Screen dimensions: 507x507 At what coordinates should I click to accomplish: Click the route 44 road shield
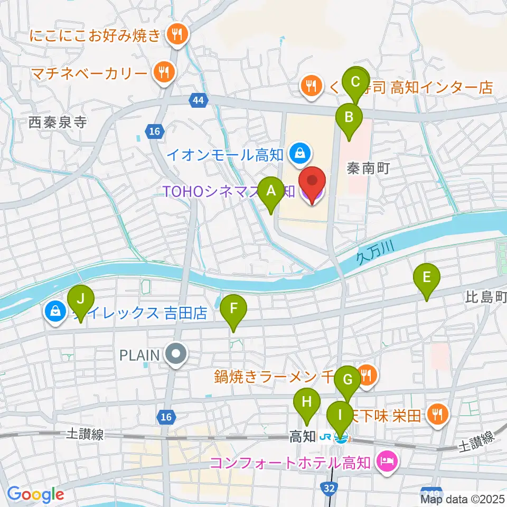[199, 100]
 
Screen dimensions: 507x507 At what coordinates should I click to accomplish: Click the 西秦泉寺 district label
[58, 123]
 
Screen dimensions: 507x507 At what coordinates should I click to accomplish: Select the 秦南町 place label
[368, 168]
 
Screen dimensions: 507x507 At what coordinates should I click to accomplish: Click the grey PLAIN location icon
[175, 354]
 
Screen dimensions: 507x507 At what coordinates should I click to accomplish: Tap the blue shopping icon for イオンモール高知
[299, 154]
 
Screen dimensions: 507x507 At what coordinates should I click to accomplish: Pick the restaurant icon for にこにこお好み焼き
[175, 35]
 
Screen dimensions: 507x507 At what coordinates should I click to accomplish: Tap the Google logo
[35, 495]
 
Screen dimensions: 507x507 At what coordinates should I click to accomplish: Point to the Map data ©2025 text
[463, 499]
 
